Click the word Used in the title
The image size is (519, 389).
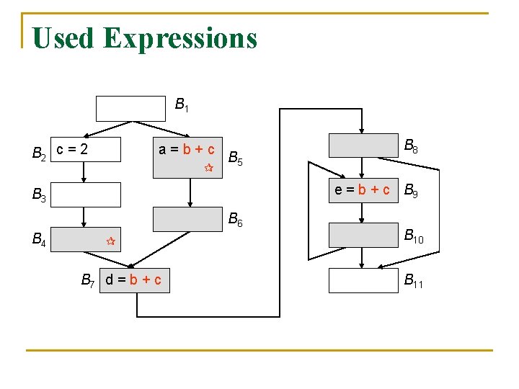[x=63, y=37]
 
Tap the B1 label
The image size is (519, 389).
[x=182, y=106]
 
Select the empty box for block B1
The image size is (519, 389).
[x=131, y=107]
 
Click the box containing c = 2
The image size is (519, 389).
[x=86, y=150]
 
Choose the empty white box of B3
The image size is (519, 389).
[x=86, y=194]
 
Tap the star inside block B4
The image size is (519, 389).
[x=111, y=241]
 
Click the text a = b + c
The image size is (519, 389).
[x=187, y=150]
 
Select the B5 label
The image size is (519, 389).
[x=235, y=158]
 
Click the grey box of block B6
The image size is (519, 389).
[x=189, y=218]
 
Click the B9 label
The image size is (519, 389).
[x=411, y=192]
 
